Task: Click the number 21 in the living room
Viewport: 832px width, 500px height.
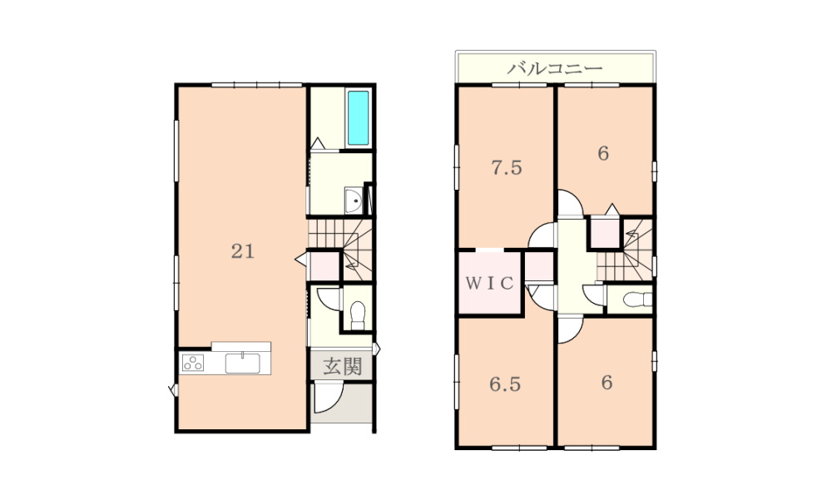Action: [243, 251]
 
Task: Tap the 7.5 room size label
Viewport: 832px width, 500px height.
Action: [507, 168]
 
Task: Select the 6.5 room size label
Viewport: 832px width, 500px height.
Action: [505, 384]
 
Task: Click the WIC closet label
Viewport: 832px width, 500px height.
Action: [490, 283]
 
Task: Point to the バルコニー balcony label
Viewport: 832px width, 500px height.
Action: [554, 68]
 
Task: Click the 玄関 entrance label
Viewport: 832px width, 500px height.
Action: [342, 366]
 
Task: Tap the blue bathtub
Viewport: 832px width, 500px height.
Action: [358, 118]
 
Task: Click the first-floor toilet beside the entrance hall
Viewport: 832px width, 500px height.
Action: [358, 315]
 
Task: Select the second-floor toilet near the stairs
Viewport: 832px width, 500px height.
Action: [637, 300]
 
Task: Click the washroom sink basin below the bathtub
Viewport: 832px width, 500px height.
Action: [354, 200]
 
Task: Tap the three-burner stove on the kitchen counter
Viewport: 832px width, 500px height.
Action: [193, 363]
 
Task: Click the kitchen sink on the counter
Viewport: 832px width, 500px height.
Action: [242, 363]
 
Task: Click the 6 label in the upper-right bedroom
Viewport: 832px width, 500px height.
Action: [603, 153]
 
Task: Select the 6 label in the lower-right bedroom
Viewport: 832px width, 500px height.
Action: [607, 382]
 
